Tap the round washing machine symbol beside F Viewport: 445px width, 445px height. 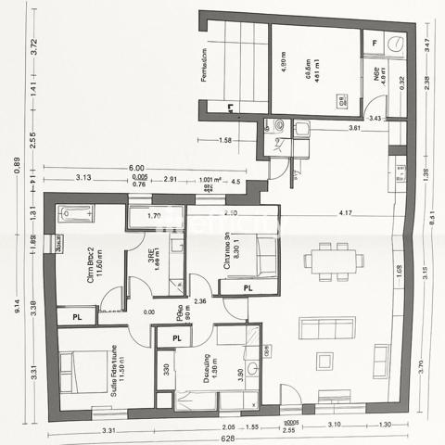click(x=396, y=43)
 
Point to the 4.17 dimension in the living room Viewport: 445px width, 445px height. click(x=345, y=213)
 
